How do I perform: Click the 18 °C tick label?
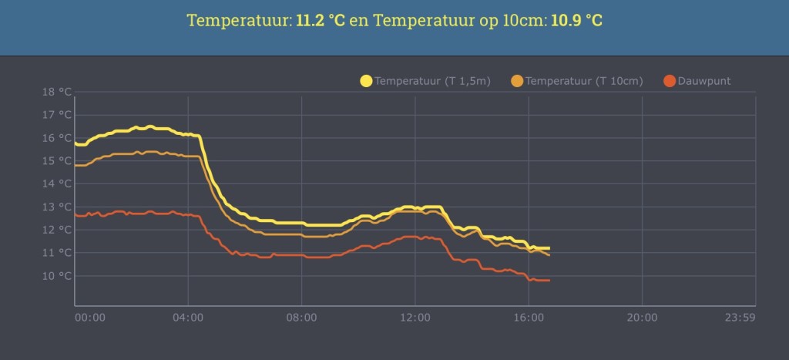click(x=58, y=93)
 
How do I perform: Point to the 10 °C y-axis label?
click(x=58, y=276)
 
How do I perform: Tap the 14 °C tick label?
click(x=58, y=184)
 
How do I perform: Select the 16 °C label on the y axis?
click(x=58, y=138)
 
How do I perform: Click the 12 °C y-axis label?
click(x=58, y=230)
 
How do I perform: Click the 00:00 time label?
click(x=89, y=318)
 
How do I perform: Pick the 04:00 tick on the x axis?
click(x=188, y=318)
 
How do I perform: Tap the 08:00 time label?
click(x=301, y=318)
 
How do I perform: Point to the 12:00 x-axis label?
click(x=415, y=318)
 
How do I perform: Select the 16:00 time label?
click(x=529, y=318)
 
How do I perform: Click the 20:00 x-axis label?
click(x=642, y=318)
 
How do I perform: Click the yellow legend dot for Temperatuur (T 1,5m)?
click(x=366, y=81)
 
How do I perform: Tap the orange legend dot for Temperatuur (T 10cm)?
click(x=517, y=81)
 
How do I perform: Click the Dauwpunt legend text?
click(x=704, y=81)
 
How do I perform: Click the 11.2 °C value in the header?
click(x=320, y=20)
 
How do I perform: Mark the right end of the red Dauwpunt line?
click(x=549, y=281)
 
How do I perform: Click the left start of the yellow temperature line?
click(x=76, y=143)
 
